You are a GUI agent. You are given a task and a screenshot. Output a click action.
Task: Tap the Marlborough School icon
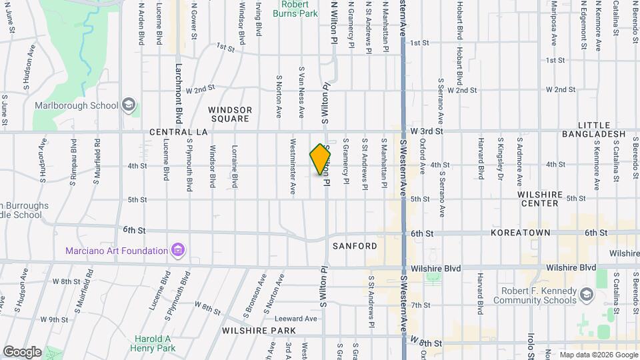(x=129, y=105)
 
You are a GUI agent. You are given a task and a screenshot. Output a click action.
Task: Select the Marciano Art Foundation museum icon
(x=177, y=251)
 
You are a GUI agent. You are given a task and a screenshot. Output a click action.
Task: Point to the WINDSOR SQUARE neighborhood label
(x=229, y=114)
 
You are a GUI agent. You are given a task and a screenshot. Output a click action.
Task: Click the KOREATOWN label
(x=521, y=233)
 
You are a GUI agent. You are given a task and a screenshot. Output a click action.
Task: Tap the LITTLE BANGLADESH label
(x=602, y=129)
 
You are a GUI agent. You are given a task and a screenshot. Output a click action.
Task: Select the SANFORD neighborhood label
(x=355, y=246)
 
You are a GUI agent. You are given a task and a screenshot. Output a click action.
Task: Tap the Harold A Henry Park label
(x=154, y=343)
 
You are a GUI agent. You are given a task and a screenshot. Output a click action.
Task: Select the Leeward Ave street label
(x=299, y=319)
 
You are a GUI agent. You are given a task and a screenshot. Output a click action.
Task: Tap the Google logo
(x=22, y=351)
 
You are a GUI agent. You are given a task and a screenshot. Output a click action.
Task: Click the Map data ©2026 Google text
(x=598, y=355)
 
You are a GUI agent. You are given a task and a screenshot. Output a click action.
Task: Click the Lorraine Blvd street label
(x=234, y=166)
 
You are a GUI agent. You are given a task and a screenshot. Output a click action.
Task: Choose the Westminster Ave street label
(x=293, y=166)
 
